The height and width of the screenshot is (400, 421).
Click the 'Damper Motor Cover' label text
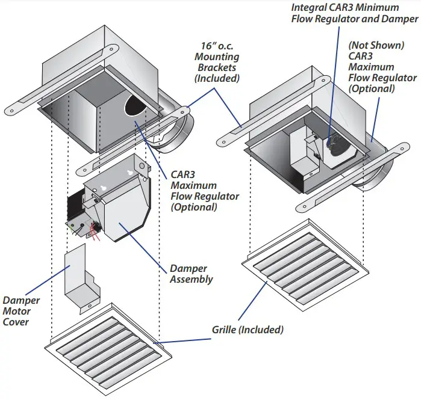[22, 311]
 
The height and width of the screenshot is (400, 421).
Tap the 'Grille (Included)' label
[248, 330]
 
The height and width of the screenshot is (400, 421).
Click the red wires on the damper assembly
[95, 230]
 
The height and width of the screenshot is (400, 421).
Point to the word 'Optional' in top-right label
[372, 88]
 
